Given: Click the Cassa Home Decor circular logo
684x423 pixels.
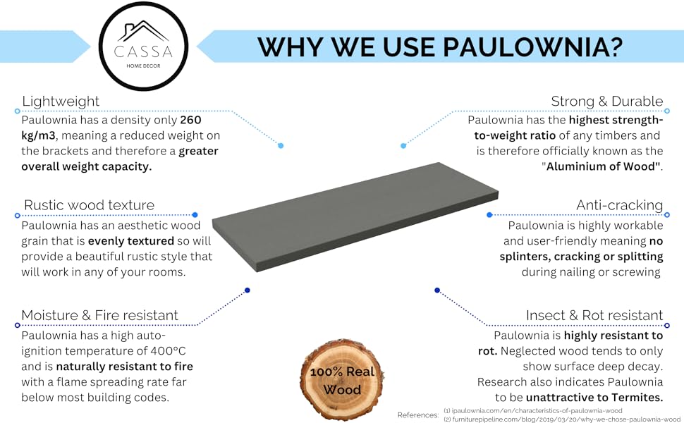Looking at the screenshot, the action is tap(144, 47).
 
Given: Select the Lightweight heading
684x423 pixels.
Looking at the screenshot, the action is tap(61, 102).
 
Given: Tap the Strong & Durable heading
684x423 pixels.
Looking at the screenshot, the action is tap(607, 102).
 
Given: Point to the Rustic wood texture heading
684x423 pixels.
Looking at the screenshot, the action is tap(89, 205).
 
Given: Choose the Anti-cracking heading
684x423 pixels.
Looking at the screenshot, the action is tap(619, 205).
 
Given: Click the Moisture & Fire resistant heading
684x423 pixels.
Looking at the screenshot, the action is tap(99, 315).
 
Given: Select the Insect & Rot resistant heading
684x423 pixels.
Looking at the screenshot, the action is tap(594, 315).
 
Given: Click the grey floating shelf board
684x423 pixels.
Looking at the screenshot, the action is tap(355, 216).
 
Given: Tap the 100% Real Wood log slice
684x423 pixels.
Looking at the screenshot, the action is tap(342, 380).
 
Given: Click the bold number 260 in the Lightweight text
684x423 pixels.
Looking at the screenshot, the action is tap(190, 120).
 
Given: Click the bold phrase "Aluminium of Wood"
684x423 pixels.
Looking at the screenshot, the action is tap(601, 166).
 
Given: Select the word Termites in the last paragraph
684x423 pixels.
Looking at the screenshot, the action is tap(637, 398).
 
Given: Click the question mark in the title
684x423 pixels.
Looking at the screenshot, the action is tap(616, 47).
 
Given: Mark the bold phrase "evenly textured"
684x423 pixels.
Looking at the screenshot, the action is tap(131, 241).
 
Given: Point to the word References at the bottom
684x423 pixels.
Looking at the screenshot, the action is tap(418, 415).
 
